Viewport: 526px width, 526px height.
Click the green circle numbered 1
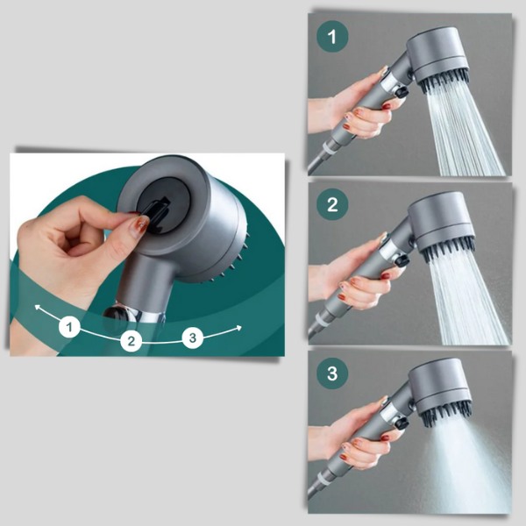pyautogui.click(x=332, y=36)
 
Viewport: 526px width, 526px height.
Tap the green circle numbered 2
pyautogui.click(x=332, y=204)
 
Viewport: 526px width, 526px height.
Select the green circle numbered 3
pyautogui.click(x=332, y=373)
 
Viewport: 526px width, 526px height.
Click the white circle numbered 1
pyautogui.click(x=69, y=326)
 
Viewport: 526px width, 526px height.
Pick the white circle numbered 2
pyautogui.click(x=131, y=341)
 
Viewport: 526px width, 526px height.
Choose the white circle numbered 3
pyautogui.click(x=193, y=338)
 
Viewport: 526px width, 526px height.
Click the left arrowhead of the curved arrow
pyautogui.click(x=38, y=308)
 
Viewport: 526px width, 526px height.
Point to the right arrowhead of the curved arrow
pyautogui.click(x=238, y=328)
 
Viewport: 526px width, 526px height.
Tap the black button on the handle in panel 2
pyautogui.click(x=402, y=260)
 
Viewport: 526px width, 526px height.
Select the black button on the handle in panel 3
pyautogui.click(x=402, y=423)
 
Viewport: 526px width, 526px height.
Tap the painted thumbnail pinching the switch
pyautogui.click(x=140, y=225)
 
